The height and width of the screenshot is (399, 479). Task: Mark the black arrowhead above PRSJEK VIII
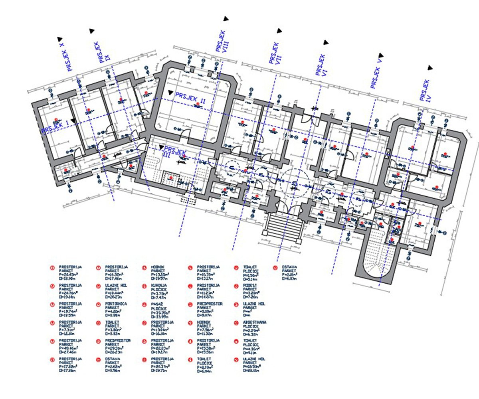pyautogui.click(x=226, y=18)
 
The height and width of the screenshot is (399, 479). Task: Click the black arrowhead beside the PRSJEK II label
pyautogui.click(x=171, y=93)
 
